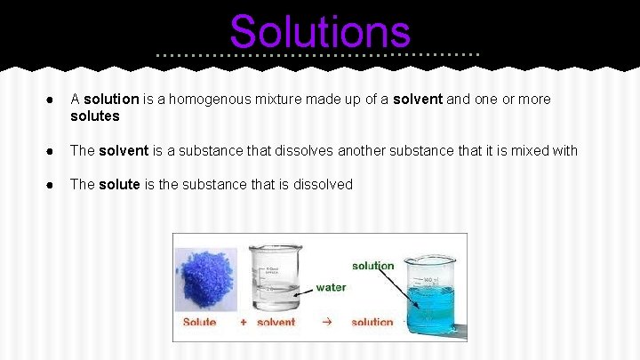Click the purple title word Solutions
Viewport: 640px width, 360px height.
coord(320,32)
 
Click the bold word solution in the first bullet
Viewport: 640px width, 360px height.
coord(111,100)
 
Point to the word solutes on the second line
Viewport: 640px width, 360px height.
coord(94,116)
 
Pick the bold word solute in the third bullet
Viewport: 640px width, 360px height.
coord(119,185)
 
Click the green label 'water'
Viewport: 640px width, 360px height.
coord(332,288)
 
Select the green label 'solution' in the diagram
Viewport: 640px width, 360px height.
coord(373,266)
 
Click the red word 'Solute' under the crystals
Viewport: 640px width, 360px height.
coord(199,322)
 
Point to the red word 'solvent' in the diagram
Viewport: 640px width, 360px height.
coord(276,322)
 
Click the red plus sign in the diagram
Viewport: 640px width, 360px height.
coord(244,322)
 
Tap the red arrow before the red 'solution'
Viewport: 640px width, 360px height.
coord(324,321)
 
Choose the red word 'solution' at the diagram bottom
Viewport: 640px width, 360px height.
coord(372,322)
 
